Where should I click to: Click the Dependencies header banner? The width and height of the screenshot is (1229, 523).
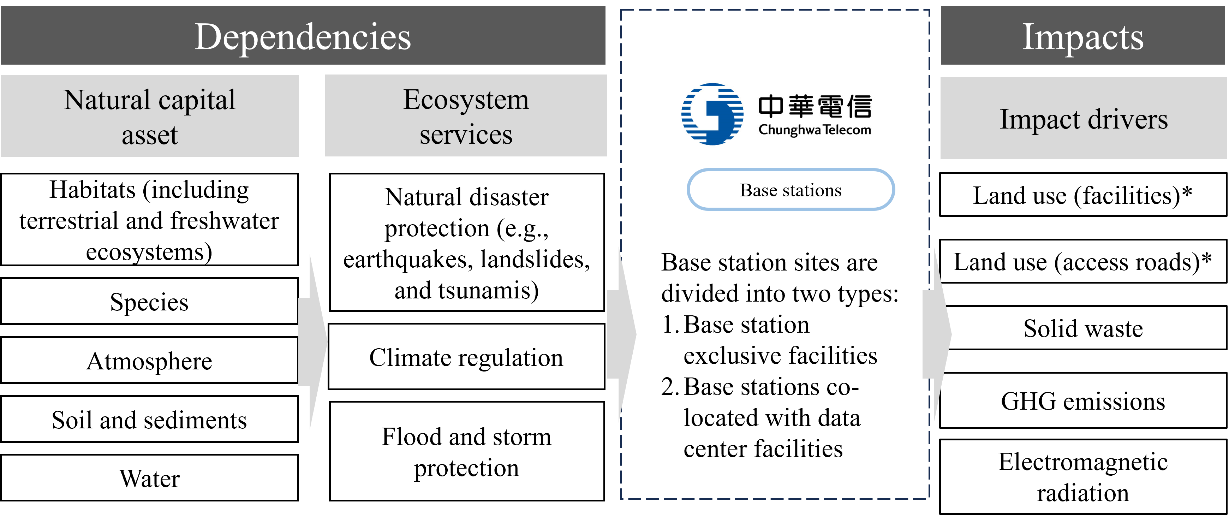pos(303,36)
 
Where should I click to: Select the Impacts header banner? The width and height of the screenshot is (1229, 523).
pos(1082,36)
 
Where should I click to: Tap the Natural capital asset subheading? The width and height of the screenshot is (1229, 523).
pos(150,116)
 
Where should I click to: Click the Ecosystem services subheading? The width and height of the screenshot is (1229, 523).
pos(466,116)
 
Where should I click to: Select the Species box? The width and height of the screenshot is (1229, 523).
pos(150,302)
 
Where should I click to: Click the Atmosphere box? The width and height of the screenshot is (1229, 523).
pos(150,360)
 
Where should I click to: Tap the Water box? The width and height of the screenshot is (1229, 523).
pos(150,478)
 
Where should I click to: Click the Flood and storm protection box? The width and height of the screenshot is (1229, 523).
pos(467,451)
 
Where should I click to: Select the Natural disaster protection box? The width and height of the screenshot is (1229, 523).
pos(467,242)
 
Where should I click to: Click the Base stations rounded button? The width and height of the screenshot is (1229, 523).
pos(791,189)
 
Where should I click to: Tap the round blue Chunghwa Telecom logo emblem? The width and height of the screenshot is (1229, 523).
pos(712,114)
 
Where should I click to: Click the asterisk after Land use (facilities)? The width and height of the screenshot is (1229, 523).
pos(1187,192)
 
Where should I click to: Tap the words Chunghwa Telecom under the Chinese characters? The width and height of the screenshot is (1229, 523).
pos(815,130)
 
